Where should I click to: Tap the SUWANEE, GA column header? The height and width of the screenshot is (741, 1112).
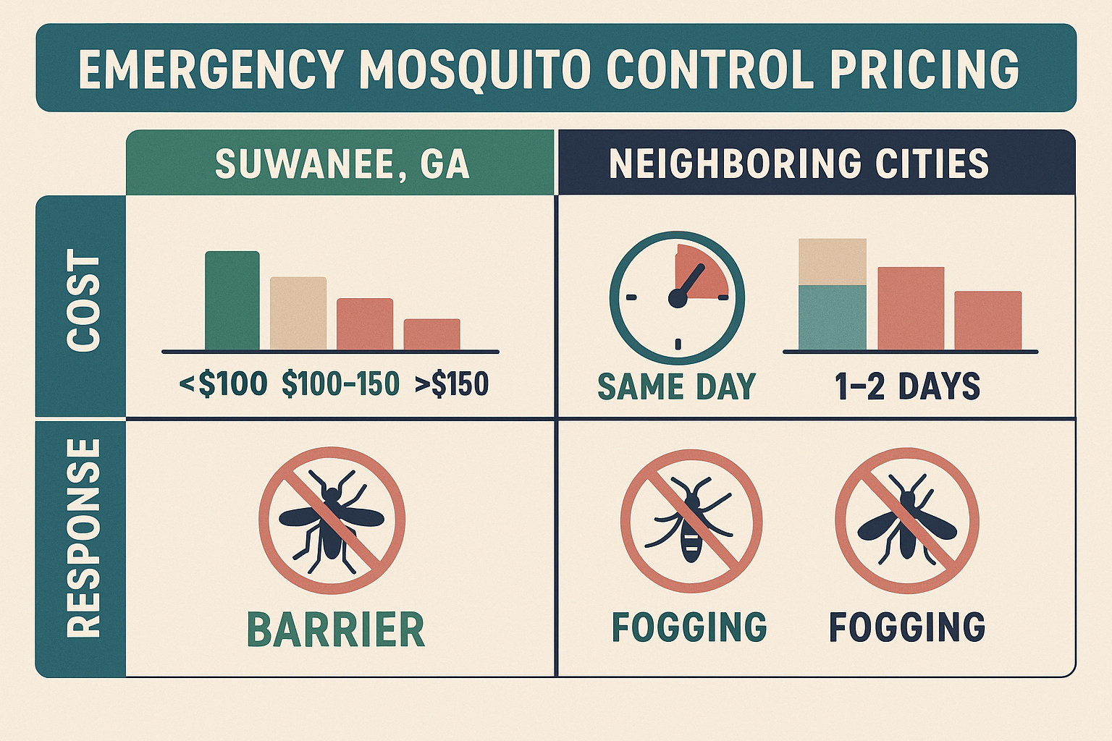[342, 164]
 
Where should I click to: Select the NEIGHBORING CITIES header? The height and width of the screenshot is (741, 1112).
[799, 164]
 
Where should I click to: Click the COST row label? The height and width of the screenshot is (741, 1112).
[83, 301]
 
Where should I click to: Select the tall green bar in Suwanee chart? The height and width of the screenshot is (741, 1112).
[232, 301]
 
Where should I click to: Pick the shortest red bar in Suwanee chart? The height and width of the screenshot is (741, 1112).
[431, 334]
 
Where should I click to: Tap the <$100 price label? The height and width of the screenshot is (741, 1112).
[223, 384]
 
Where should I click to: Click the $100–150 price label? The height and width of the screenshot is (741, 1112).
[340, 384]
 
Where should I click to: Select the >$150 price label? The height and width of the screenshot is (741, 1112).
[452, 384]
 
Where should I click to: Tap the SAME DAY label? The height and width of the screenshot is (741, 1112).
[676, 386]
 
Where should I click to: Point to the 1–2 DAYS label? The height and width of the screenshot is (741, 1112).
[907, 386]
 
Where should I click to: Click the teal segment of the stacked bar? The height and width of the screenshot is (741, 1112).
[832, 318]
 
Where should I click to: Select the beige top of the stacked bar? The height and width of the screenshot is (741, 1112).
[832, 261]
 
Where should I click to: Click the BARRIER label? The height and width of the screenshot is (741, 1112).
[335, 630]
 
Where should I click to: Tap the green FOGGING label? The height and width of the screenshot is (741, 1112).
[689, 627]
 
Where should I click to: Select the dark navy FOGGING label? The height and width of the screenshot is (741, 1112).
[907, 627]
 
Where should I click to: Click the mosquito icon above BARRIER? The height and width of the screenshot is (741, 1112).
[332, 520]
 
